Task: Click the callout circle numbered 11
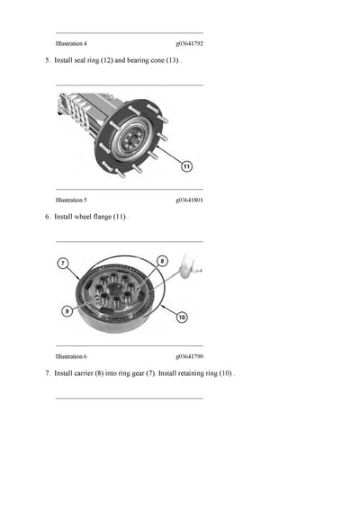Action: point(186,165)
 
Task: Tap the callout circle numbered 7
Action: point(63,263)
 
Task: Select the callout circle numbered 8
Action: point(163,261)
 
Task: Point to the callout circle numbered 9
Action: point(67,310)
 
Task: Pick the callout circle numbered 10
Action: point(181,316)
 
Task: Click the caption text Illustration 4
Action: point(71,43)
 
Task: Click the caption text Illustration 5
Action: point(71,200)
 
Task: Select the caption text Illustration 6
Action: point(71,356)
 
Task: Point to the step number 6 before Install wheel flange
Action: point(47,217)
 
